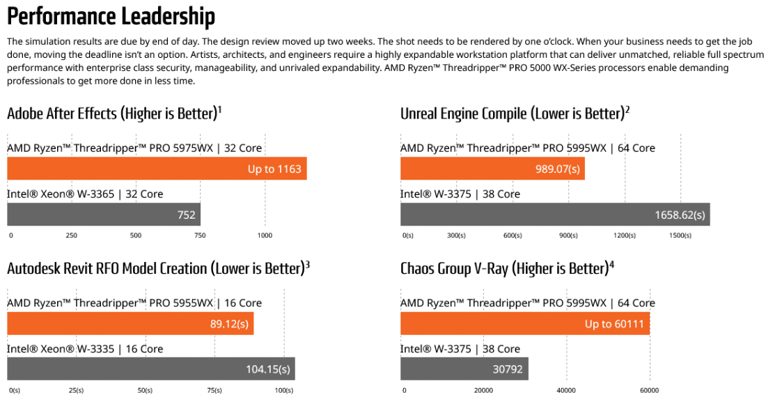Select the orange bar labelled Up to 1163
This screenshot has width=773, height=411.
[x=157, y=169]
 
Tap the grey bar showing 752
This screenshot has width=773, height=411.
[x=104, y=215]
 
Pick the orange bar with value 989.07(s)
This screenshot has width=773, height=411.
[x=492, y=169]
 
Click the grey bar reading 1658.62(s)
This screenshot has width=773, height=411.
[x=555, y=215]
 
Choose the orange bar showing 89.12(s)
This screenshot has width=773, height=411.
[x=130, y=323]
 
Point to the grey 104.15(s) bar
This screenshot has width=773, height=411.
[x=151, y=369]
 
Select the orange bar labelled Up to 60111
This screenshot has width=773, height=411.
[x=525, y=323]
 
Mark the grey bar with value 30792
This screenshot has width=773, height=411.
[x=464, y=369]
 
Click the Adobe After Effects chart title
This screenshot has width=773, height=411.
[x=114, y=114]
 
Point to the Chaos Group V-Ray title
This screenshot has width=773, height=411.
[x=507, y=268]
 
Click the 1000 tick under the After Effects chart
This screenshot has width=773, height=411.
[x=265, y=235]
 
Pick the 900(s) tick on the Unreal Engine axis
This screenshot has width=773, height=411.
[x=568, y=235]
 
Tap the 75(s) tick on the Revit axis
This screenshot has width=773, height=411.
[x=214, y=390]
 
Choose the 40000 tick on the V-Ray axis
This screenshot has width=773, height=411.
[x=565, y=390]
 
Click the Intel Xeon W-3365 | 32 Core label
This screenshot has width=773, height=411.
[x=85, y=194]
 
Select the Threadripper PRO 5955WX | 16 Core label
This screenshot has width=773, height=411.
[x=134, y=303]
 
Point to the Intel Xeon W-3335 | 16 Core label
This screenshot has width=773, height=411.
[x=85, y=349]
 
